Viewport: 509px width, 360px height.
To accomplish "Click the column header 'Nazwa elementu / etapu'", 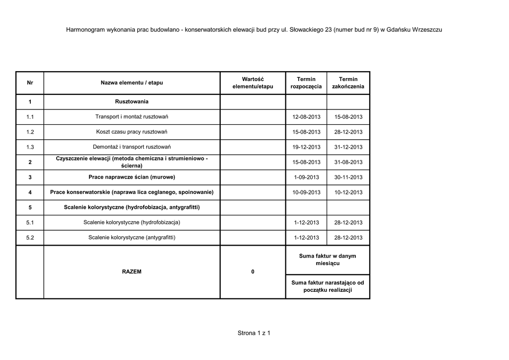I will point(132,83).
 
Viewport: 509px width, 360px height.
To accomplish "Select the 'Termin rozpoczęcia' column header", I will point(306,83).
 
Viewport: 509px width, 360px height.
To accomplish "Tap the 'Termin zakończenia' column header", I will point(348,83).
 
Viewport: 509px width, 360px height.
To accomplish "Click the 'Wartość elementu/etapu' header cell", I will point(253,83).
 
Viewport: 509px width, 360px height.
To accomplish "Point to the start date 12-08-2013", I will point(306,117).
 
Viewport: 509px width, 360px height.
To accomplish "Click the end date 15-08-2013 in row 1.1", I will point(348,117).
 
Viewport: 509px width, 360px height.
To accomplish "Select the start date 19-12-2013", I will point(306,147).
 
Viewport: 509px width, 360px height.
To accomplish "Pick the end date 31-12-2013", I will point(348,147).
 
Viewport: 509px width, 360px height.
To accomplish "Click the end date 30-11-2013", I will point(348,177).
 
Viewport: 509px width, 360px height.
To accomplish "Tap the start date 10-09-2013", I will point(306,192).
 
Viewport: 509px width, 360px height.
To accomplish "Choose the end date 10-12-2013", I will point(348,192).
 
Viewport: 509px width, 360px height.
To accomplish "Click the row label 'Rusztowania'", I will point(132,102).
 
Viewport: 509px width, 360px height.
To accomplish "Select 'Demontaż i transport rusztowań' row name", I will point(132,147).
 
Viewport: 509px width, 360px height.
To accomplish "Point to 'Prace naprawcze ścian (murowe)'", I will point(132,177).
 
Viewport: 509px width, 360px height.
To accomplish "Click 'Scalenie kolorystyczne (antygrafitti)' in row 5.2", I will point(132,238).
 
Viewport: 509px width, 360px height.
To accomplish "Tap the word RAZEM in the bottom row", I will point(132,272).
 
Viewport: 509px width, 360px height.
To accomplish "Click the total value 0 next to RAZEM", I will point(253,272).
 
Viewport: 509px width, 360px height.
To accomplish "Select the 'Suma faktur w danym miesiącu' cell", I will point(328,259).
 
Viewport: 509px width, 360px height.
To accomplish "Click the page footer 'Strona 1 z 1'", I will point(254,333).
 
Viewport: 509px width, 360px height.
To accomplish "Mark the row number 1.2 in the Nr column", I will point(30,132).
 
